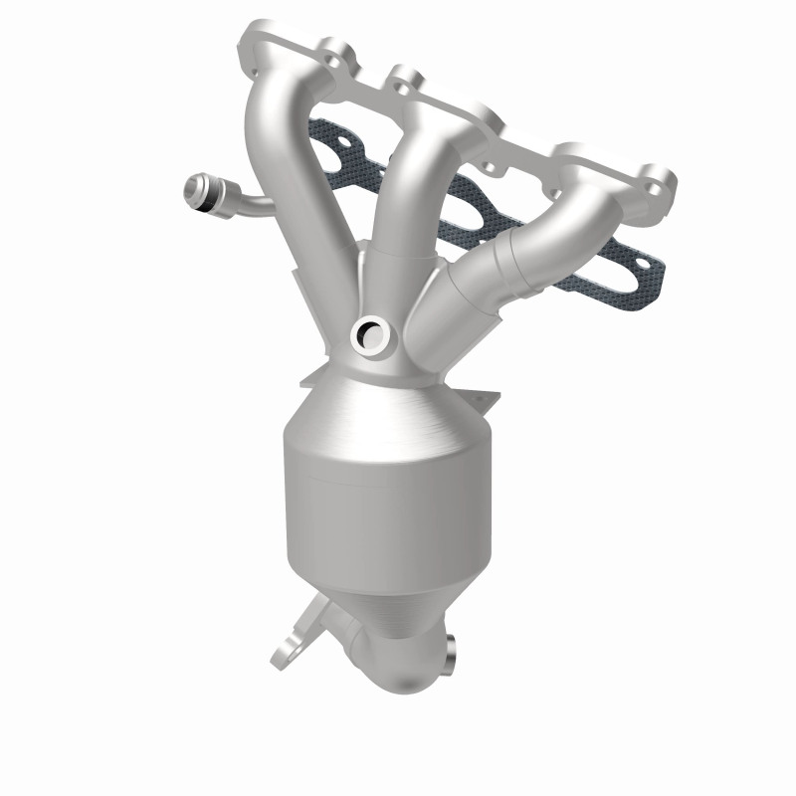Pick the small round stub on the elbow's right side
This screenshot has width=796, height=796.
(x=451, y=651)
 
